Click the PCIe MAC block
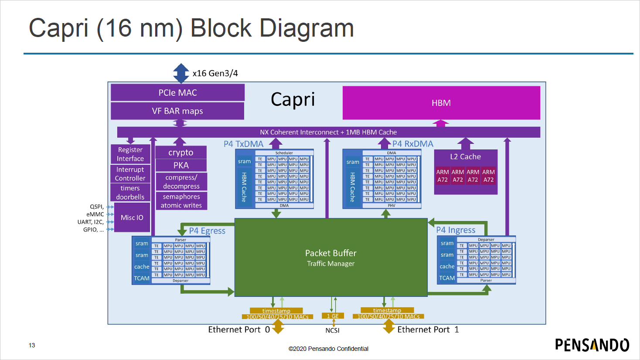(177, 93)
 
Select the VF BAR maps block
(177, 111)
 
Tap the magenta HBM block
(441, 103)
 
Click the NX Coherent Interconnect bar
(328, 132)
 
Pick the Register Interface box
(130, 154)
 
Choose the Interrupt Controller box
(130, 174)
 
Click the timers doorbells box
(130, 193)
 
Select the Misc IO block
(132, 217)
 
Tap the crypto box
(181, 153)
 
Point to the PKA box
(181, 166)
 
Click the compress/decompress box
(181, 182)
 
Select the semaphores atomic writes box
(181, 201)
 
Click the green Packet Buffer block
(331, 258)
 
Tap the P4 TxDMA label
(244, 144)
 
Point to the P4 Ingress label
(456, 230)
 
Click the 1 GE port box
(333, 316)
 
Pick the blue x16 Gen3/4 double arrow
(181, 73)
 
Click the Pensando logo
(592, 345)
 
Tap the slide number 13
(32, 345)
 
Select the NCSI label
(332, 330)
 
